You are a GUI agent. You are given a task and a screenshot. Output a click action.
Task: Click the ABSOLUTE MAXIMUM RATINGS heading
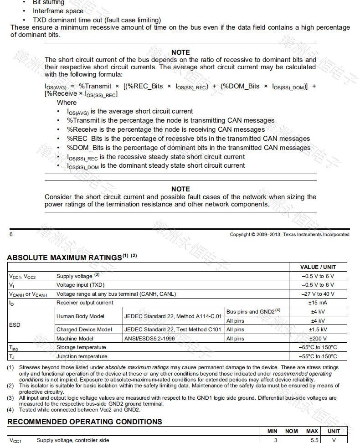coord(64,258)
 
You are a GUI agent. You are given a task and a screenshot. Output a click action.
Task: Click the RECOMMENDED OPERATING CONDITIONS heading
coord(84,422)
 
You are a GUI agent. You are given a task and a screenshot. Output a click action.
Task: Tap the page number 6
coord(11,234)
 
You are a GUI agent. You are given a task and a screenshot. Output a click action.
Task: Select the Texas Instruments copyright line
coord(289,234)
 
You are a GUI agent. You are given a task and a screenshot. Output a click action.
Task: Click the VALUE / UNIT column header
coord(318,267)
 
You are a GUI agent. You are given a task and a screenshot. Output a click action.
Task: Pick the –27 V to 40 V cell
coord(318,294)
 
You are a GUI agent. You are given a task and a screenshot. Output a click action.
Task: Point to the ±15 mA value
coord(318,303)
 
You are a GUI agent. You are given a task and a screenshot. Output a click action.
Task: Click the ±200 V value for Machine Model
coord(318,339)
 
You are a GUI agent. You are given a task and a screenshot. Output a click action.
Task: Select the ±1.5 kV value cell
coord(318,330)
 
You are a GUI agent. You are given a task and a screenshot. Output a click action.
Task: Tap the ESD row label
coord(15,325)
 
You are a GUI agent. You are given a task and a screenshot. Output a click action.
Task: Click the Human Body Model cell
coord(80,316)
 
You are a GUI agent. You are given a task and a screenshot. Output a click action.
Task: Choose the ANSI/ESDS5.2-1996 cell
coord(149,339)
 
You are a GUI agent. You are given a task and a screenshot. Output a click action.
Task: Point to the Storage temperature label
coord(82,347)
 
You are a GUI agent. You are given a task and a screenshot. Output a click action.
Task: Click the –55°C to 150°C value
coord(318,356)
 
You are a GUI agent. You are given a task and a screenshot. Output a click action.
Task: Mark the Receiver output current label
coord(85,303)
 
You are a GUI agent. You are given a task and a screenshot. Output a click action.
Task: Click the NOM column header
coord(291,431)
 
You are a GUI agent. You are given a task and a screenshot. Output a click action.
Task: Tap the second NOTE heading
coord(180,189)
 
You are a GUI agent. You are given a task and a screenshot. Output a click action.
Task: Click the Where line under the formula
coord(67,103)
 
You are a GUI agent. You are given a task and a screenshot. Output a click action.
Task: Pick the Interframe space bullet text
coord(58,11)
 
